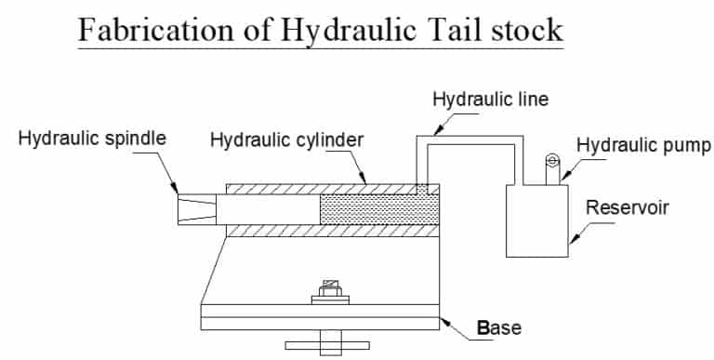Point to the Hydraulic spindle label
(93, 138)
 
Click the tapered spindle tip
(196, 209)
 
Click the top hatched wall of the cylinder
(325, 188)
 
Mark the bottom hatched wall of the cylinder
(325, 230)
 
